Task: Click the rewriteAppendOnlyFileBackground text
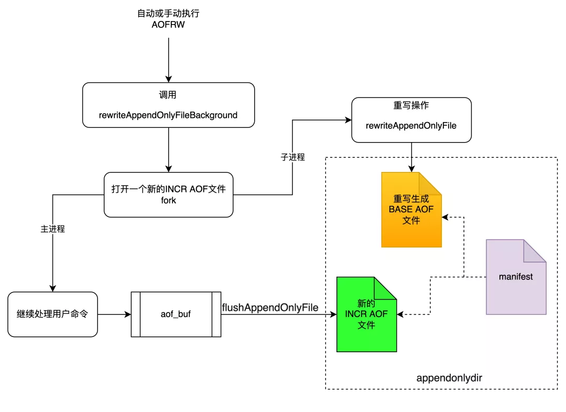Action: [168, 115]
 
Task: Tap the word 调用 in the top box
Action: [168, 95]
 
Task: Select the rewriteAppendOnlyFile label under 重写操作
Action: [411, 125]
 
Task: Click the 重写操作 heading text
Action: [411, 105]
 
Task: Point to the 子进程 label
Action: [293, 157]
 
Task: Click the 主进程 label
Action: [53, 229]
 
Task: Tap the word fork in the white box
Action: [168, 201]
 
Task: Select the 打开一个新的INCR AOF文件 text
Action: [168, 189]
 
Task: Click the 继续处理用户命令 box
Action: [52, 314]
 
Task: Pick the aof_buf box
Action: [176, 314]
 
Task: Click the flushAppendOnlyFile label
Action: [270, 308]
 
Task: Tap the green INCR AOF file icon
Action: [366, 315]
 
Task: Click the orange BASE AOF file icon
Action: [411, 210]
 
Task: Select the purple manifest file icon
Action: [516, 277]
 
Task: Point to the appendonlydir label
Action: [449, 378]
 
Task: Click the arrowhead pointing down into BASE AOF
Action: [411, 168]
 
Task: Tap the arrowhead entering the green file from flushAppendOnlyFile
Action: [333, 315]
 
